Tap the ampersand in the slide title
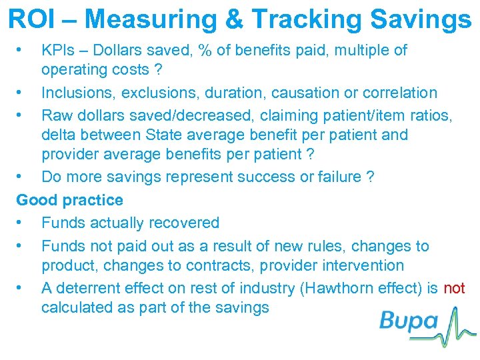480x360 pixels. [x=237, y=20]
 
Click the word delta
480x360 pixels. [x=59, y=135]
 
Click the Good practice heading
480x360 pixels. [x=69, y=200]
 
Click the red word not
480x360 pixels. [x=454, y=288]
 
